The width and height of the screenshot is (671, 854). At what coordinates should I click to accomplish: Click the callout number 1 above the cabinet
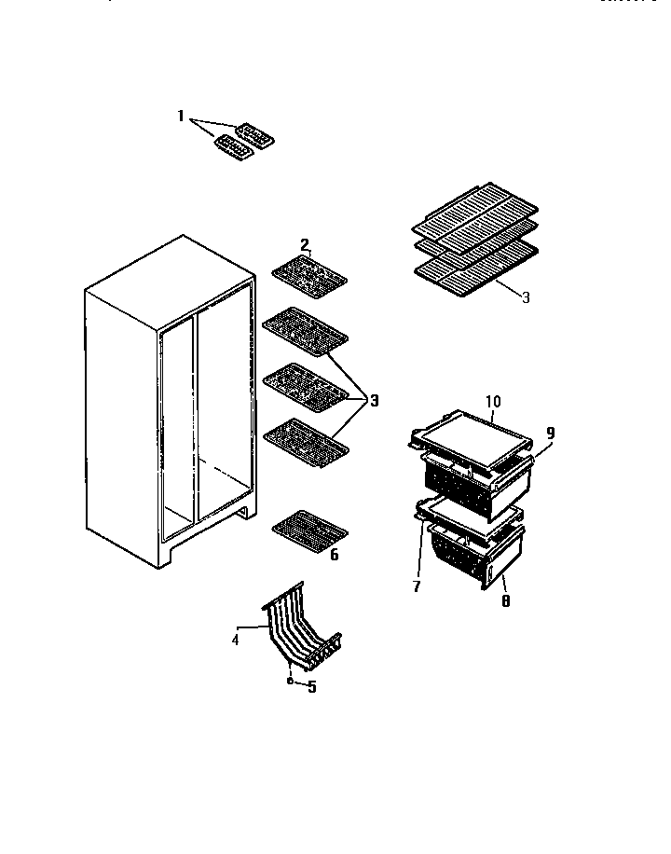182,117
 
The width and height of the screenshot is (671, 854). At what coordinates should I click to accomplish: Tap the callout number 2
305,245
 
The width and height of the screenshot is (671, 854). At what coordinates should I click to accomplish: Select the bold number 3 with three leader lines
374,402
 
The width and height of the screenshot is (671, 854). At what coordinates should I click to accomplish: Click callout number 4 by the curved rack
236,640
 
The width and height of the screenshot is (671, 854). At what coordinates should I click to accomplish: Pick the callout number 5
312,689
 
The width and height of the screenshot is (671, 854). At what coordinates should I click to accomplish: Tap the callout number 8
504,601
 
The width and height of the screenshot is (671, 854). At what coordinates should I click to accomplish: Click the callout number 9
550,433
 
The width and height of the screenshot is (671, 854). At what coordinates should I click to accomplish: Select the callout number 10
493,402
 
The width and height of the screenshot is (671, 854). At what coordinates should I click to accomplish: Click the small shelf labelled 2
309,278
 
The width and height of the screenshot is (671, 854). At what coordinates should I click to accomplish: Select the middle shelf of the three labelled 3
306,381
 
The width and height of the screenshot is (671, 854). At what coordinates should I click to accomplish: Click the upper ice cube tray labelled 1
254,137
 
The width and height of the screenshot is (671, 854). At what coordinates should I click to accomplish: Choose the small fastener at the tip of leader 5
291,682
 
